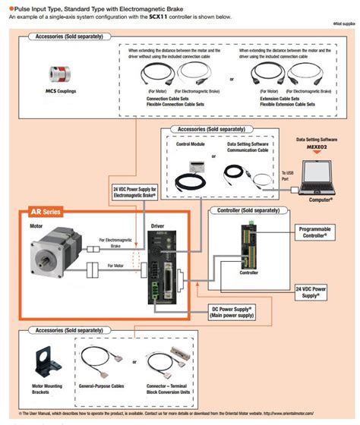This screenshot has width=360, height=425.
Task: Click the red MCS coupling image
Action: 57,74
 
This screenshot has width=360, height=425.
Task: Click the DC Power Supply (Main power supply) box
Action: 232,311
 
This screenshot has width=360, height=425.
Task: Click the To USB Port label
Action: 286,175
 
